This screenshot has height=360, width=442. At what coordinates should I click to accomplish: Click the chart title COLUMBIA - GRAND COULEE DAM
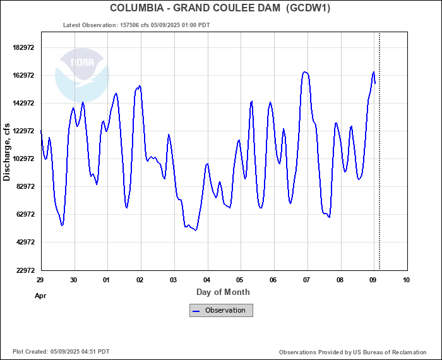click(194, 8)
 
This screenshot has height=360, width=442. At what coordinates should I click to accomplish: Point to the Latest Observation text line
click(137, 25)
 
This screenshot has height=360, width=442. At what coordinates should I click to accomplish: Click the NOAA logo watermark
click(82, 75)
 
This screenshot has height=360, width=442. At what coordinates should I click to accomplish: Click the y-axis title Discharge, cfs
click(7, 152)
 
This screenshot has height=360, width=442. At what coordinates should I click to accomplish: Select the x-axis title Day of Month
click(223, 292)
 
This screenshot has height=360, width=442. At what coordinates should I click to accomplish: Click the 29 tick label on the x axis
click(40, 280)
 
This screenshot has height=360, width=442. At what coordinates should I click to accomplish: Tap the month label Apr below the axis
click(40, 295)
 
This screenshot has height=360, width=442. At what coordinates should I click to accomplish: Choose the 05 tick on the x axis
click(240, 280)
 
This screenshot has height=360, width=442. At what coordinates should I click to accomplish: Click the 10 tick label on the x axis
click(405, 280)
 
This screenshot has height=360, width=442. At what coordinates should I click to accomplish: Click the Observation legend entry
click(222, 310)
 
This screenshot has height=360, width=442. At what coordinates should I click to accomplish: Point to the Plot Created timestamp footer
click(61, 352)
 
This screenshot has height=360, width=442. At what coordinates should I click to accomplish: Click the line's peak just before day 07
click(305, 72)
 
